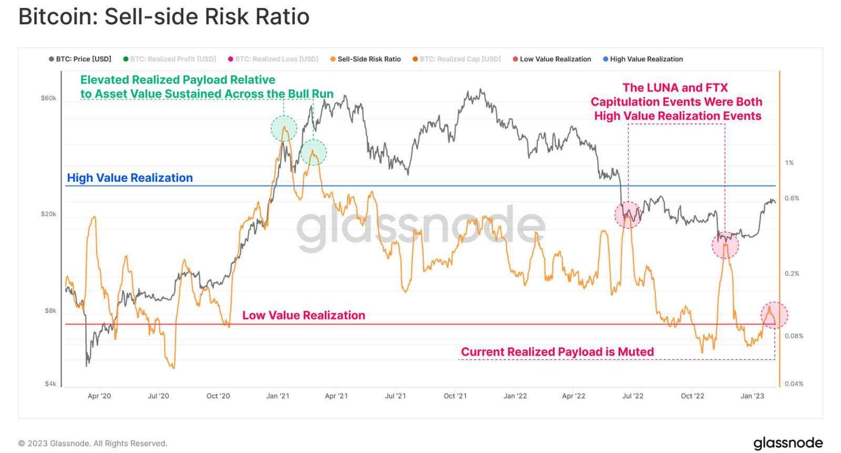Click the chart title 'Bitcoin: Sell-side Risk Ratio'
[x=163, y=17]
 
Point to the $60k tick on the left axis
[x=48, y=98]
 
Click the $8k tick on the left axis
[x=50, y=311]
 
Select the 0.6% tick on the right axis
[x=792, y=198]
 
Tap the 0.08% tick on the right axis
[x=794, y=336]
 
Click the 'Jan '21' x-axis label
[x=278, y=396]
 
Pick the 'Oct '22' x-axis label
[x=692, y=396]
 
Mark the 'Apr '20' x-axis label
[x=99, y=396]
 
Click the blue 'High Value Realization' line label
[x=130, y=178]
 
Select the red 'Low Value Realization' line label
[x=303, y=315]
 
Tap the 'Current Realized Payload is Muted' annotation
[x=557, y=352]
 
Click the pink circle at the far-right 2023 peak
[x=774, y=315]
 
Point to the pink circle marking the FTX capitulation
[x=725, y=244]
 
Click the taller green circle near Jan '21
[x=284, y=128]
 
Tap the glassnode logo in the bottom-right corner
[x=788, y=442]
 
